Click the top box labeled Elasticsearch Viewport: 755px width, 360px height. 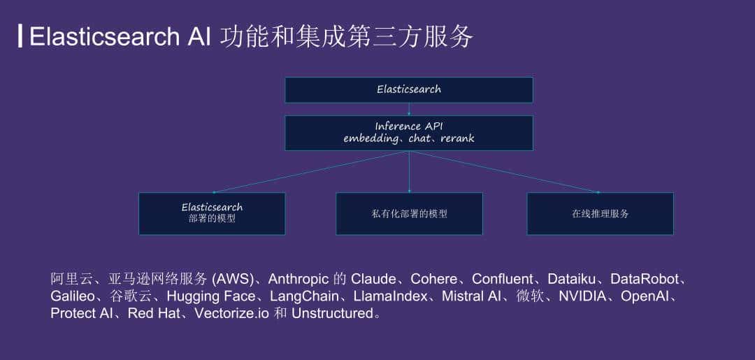coord(408,89)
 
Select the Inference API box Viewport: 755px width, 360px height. coord(408,132)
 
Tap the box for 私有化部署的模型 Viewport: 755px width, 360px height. coord(409,213)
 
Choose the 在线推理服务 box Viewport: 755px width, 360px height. coord(600,213)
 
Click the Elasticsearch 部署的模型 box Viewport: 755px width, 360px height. coord(212,213)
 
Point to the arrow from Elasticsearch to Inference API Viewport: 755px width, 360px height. coord(409,109)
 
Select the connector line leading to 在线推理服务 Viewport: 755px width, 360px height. coord(503,171)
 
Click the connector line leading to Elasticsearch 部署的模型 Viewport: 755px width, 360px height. coord(311,171)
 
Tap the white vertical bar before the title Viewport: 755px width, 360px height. coord(20,36)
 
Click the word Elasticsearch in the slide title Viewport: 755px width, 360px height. coord(104,36)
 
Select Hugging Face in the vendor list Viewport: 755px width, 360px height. coord(210,296)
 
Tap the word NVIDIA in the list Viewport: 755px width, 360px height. coord(582,296)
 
